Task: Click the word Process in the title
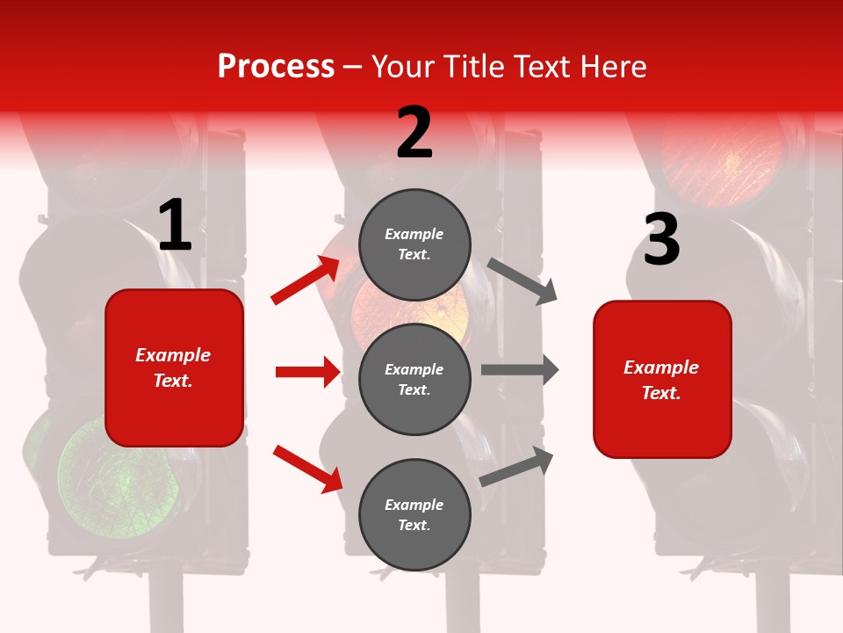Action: pos(276,67)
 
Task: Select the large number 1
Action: pos(175,226)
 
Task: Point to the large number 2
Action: pos(414,133)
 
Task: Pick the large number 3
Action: pos(661,240)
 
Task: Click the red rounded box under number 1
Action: pos(174,367)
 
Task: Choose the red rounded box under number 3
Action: pos(662,379)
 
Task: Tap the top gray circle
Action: pos(414,244)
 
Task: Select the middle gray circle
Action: pos(414,379)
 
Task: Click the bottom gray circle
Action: pos(414,514)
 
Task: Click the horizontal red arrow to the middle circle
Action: pos(307,372)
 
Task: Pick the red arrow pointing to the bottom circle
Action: pos(307,468)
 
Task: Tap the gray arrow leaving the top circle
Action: pos(523,280)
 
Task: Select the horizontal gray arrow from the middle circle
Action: pos(520,370)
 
